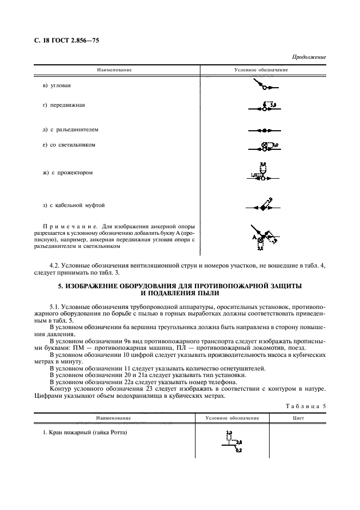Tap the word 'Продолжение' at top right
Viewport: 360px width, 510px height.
[309, 57]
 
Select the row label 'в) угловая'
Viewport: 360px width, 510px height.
[57, 86]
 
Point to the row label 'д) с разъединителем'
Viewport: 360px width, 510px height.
[70, 130]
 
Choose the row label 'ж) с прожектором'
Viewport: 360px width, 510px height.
[68, 173]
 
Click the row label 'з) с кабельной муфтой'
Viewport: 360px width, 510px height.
[73, 205]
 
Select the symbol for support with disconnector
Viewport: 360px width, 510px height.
[264, 131]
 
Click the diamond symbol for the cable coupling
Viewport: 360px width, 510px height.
[263, 208]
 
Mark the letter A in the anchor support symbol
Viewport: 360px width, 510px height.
[254, 238]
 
